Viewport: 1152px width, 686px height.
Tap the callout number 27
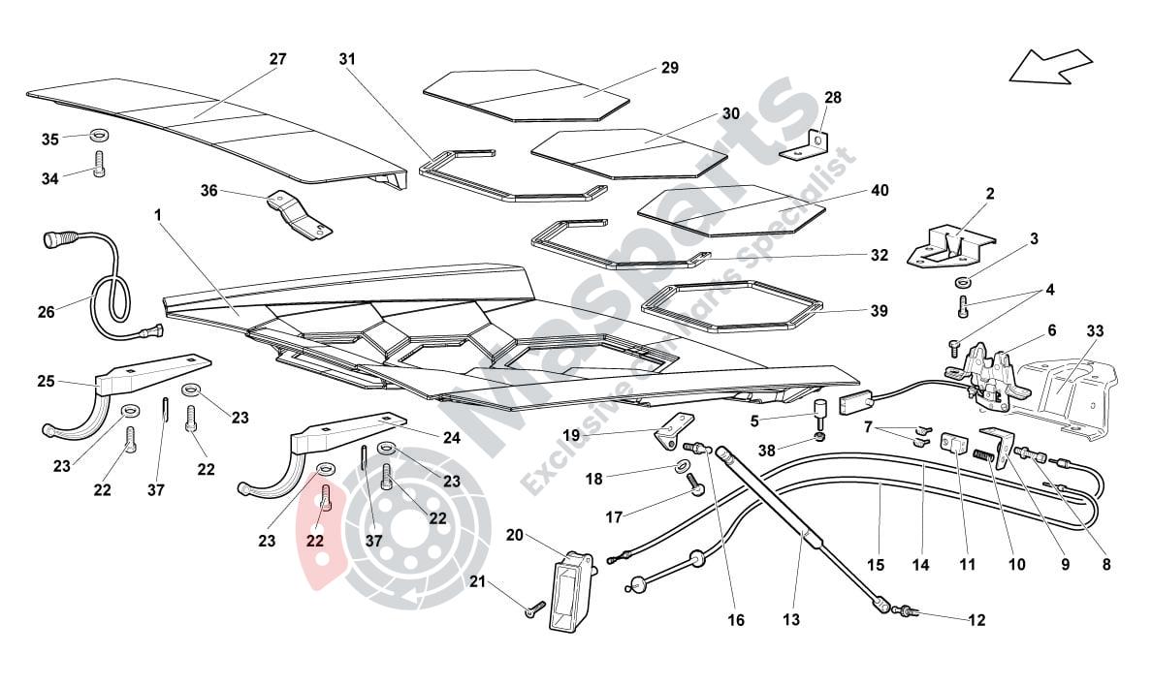278,59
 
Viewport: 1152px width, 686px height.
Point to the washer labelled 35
99,137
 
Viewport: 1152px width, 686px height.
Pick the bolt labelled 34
99,165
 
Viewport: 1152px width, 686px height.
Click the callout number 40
879,191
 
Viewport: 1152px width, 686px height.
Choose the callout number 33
1095,331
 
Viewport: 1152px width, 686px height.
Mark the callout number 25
46,382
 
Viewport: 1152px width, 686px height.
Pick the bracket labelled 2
945,244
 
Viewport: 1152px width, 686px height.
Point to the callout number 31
347,59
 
